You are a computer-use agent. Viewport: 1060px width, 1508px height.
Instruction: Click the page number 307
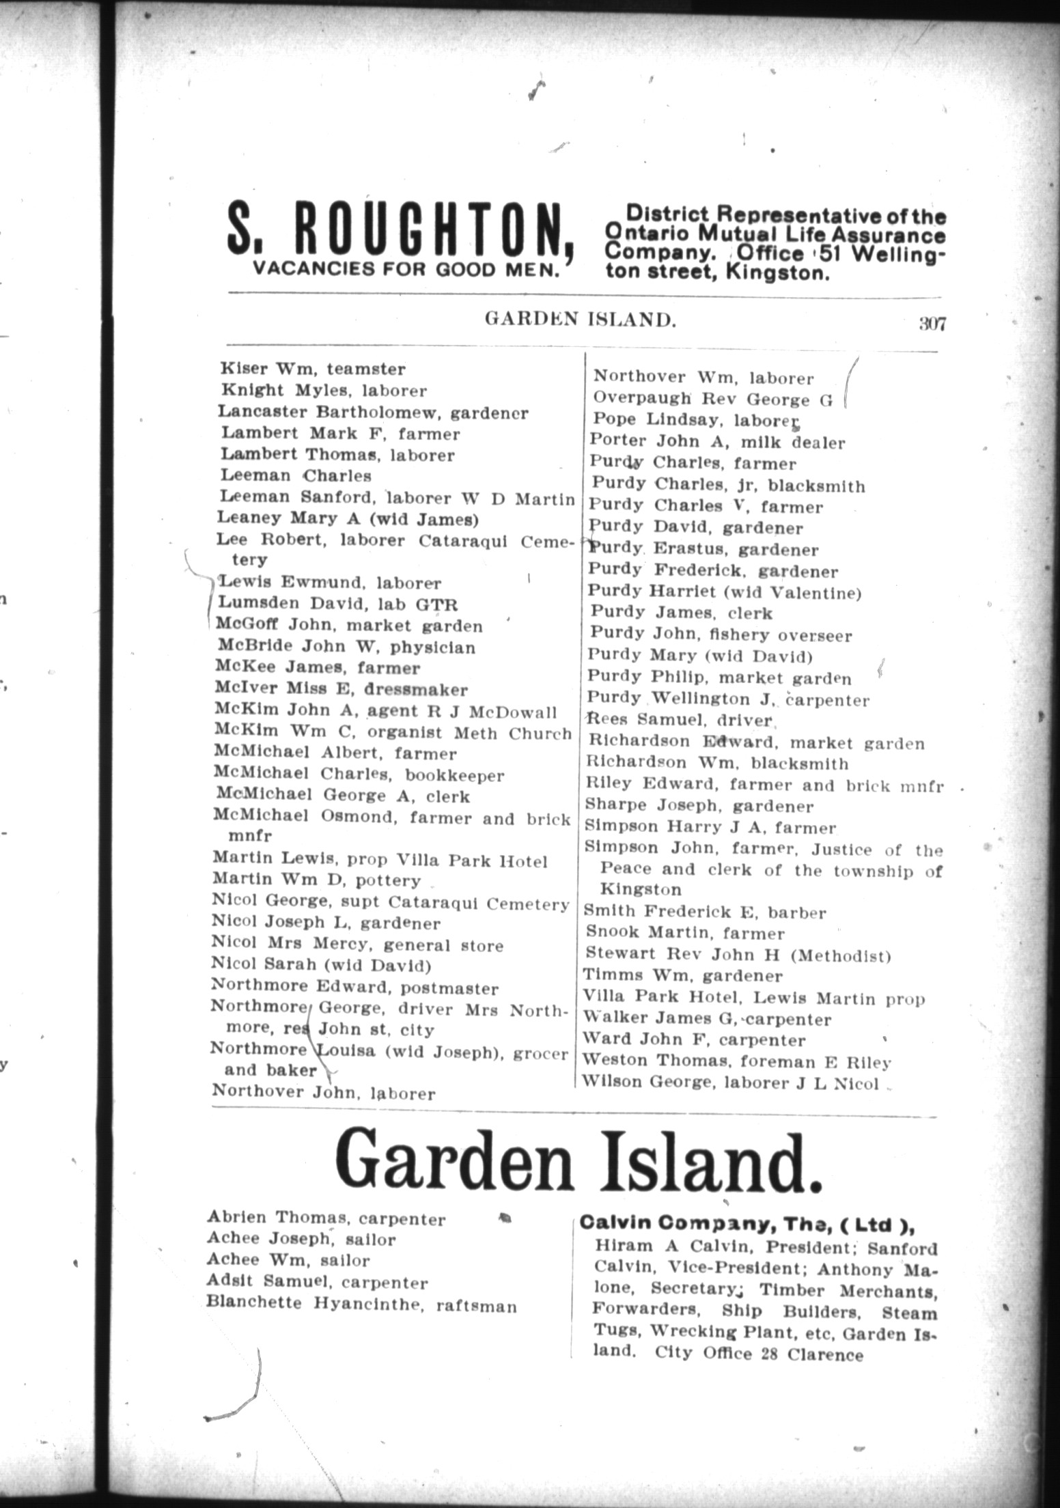[x=932, y=323]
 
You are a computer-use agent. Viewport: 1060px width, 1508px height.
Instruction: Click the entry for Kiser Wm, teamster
[x=313, y=369]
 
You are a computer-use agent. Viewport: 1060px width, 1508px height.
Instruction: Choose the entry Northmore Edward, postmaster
[x=354, y=988]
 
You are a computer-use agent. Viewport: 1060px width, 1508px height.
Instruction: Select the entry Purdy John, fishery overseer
[x=720, y=634]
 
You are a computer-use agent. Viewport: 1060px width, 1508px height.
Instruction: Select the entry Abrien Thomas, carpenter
[x=326, y=1218]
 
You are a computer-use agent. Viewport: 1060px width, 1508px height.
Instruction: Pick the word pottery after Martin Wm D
[x=393, y=880]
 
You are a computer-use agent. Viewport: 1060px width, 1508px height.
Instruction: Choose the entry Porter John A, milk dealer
[x=717, y=442]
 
